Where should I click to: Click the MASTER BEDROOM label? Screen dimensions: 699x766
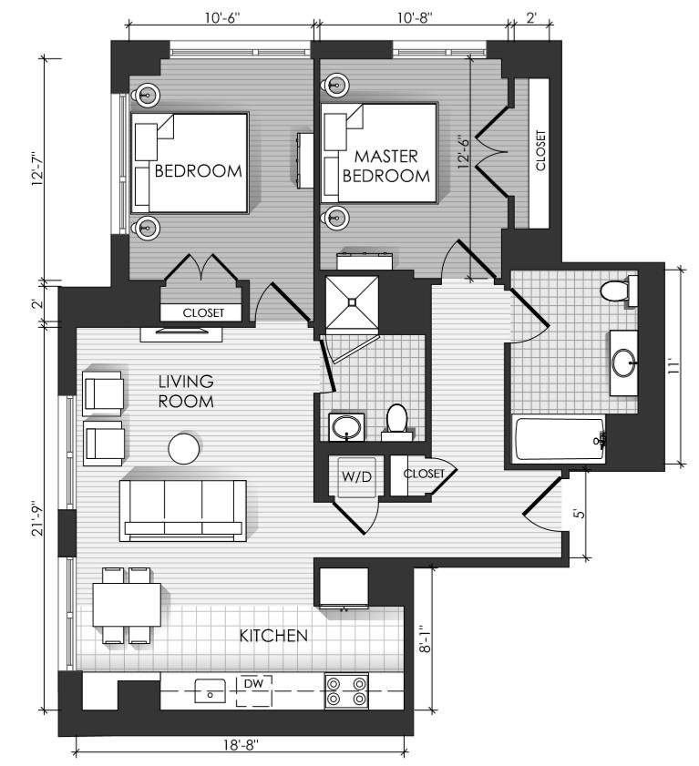386,166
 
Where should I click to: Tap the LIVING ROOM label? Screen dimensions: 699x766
186,391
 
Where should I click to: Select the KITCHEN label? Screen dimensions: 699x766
273,636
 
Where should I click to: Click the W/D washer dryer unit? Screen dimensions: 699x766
357,476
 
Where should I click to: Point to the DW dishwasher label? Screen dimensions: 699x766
253,683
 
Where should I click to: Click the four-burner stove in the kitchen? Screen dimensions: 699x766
346,690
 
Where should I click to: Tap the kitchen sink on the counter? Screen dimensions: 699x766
211,690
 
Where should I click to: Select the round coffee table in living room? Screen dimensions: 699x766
184,448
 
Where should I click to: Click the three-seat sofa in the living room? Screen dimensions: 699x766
183,510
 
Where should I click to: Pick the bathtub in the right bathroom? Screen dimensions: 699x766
559,439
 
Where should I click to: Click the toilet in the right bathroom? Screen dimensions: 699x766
618,291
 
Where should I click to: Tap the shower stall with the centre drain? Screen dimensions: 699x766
352,301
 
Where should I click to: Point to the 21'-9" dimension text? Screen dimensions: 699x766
38,518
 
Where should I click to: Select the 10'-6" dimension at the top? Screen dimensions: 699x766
222,18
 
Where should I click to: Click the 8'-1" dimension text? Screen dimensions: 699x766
425,640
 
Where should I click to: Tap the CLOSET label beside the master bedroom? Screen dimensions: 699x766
540,150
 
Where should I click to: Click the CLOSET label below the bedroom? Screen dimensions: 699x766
203,312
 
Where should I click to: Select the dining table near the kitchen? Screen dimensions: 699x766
127,605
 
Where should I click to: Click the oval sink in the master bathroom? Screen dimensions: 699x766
346,428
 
